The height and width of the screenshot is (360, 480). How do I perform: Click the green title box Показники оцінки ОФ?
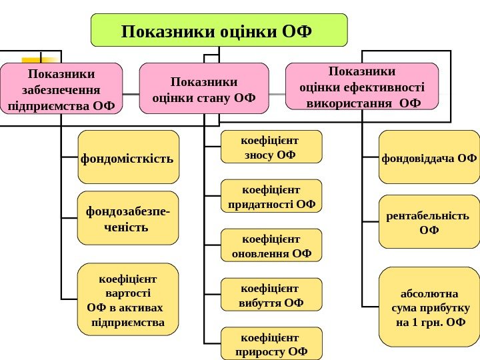[x=219, y=30]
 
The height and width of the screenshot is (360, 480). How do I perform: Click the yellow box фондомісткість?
[x=128, y=157]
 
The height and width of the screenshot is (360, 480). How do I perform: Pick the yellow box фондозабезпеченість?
[x=128, y=218]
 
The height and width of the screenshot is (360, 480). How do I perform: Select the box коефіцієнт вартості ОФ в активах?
[x=128, y=299]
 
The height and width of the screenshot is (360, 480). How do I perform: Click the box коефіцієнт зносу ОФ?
[x=271, y=147]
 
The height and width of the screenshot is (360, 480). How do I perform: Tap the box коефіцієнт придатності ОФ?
[x=271, y=196]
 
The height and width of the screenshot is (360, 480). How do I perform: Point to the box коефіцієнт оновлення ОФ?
[x=271, y=245]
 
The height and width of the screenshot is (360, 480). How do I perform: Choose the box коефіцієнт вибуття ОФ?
[x=271, y=295]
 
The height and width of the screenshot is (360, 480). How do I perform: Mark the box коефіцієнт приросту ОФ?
[x=271, y=343]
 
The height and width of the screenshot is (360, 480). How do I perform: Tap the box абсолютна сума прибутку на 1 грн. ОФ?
[x=429, y=308]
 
